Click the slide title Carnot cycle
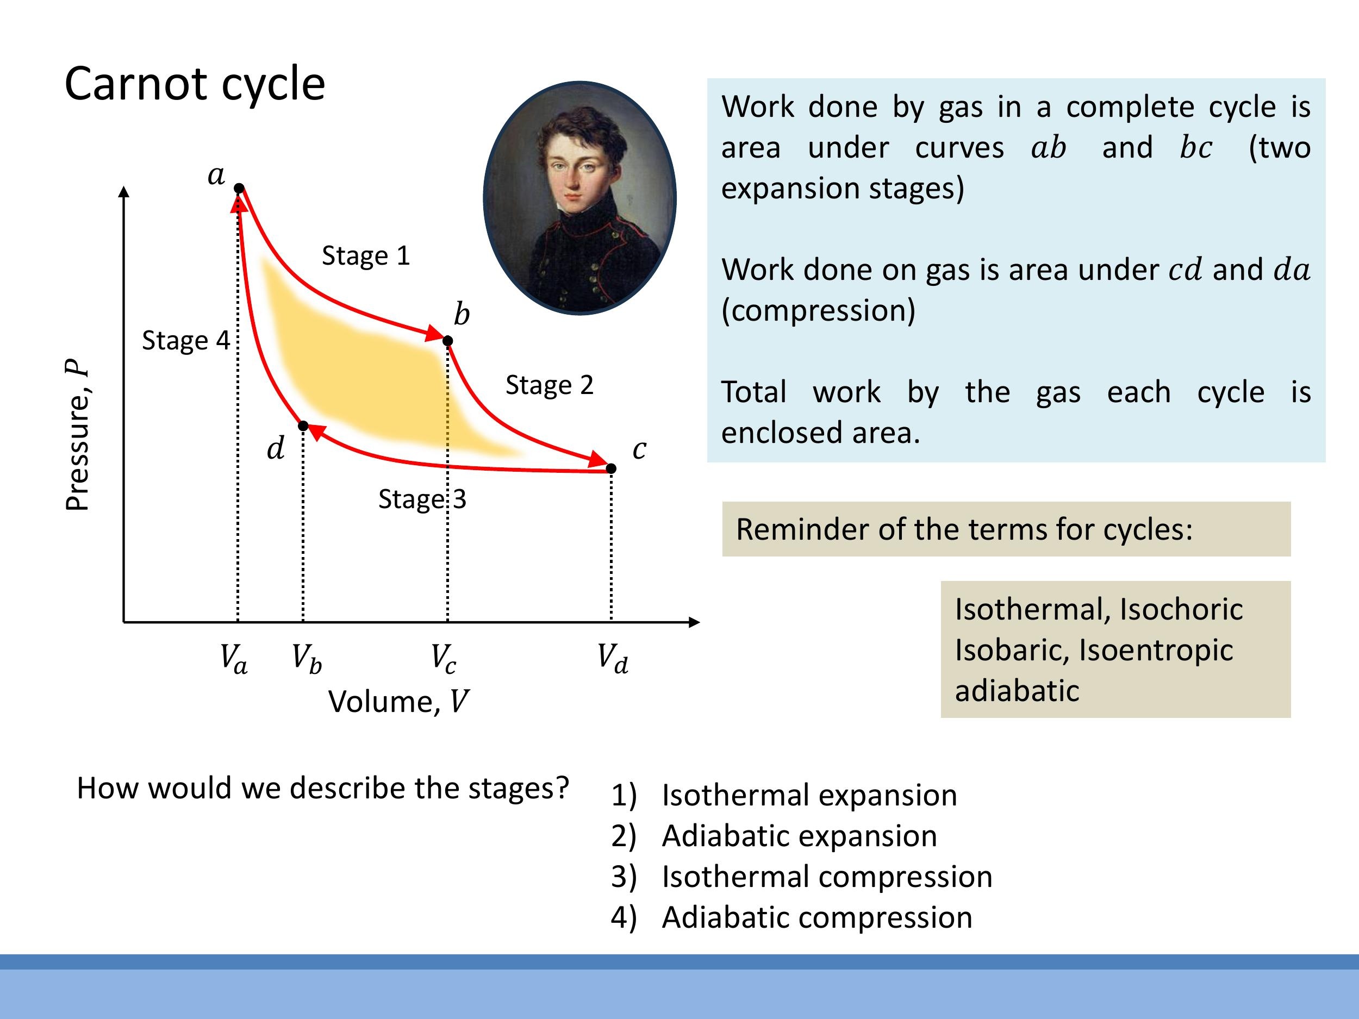[194, 84]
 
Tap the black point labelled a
[239, 188]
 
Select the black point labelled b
[448, 341]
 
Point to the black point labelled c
[610, 468]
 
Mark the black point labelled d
[303, 426]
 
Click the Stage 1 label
[365, 255]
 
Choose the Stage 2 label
[549, 385]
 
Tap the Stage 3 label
[422, 499]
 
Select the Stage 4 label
[185, 340]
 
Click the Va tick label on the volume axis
[233, 659]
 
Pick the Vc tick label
[443, 659]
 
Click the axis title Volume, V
[398, 702]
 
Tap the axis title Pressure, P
[78, 435]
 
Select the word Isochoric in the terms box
[1181, 609]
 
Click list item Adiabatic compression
[816, 918]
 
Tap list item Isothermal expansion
[809, 796]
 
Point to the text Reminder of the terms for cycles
[964, 529]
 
